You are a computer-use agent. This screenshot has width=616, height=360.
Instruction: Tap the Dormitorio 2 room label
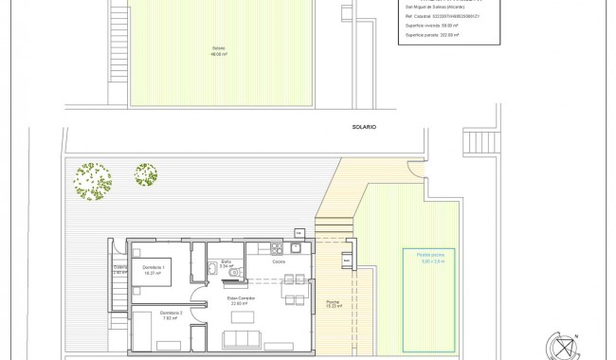tap(171, 315)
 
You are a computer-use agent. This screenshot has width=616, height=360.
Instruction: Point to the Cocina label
tap(279, 261)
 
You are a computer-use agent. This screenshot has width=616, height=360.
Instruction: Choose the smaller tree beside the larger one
tap(145, 174)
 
